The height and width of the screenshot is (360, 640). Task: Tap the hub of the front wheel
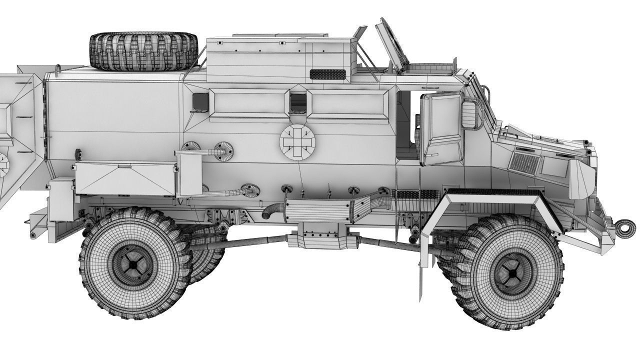[512, 272]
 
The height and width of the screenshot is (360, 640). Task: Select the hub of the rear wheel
[132, 263]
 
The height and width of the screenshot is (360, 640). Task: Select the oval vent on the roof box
[327, 74]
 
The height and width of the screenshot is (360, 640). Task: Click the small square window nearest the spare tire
[199, 101]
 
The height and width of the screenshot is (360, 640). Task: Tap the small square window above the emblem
[298, 102]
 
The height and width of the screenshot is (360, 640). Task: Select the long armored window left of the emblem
[247, 104]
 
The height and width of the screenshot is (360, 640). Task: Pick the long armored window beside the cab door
[349, 104]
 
